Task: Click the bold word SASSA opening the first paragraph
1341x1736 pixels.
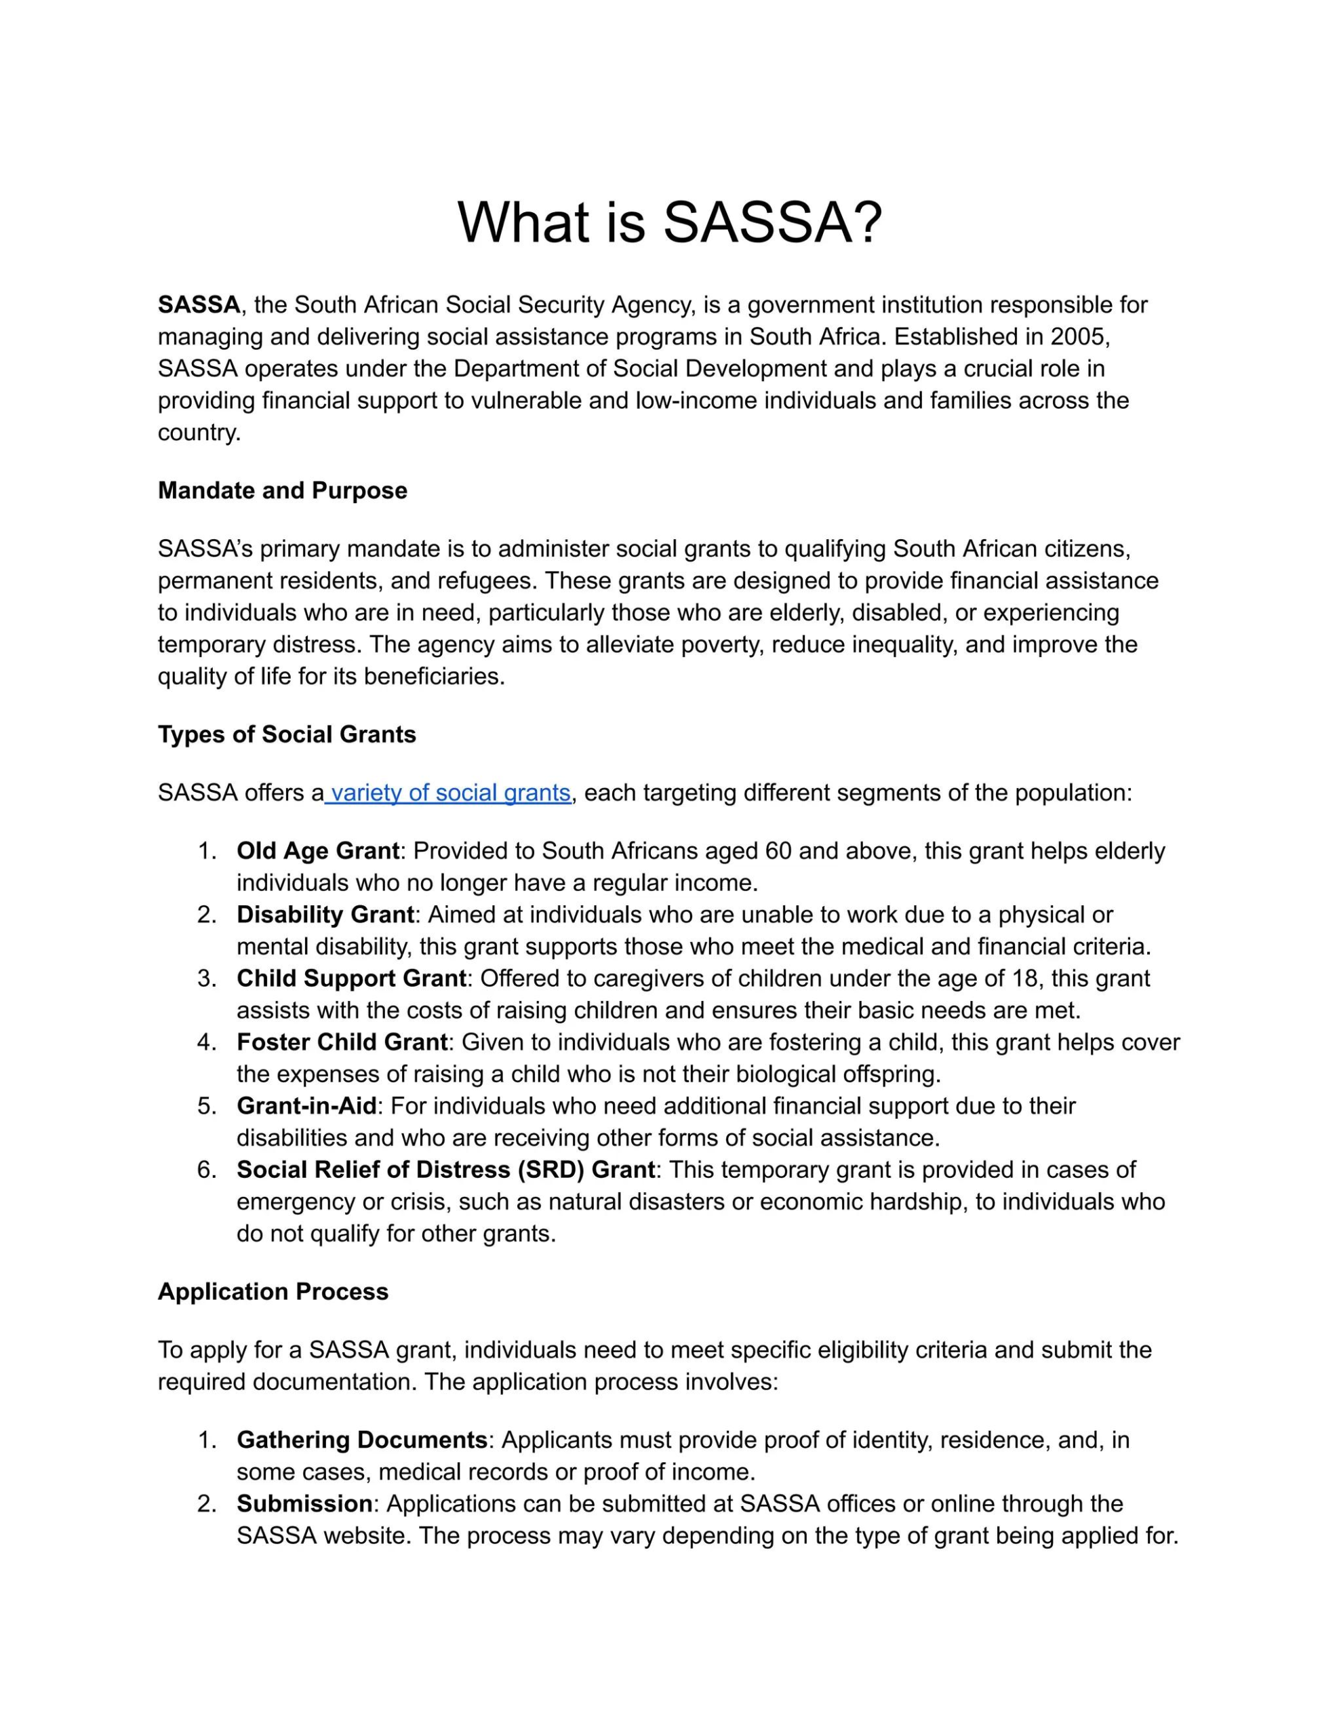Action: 199,304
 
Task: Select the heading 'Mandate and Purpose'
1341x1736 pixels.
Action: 282,490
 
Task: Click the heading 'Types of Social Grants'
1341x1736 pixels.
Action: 286,734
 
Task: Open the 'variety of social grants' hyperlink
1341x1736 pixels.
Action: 449,793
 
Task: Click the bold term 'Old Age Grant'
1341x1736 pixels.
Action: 317,850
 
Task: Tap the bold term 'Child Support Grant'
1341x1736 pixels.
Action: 351,978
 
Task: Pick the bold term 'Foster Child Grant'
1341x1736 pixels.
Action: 342,1042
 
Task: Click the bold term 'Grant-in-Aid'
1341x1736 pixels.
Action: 306,1105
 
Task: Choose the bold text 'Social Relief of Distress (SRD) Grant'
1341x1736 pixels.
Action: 445,1169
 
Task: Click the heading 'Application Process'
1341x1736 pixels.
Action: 273,1292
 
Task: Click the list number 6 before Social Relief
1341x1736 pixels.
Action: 206,1169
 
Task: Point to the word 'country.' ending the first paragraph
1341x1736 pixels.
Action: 199,433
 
